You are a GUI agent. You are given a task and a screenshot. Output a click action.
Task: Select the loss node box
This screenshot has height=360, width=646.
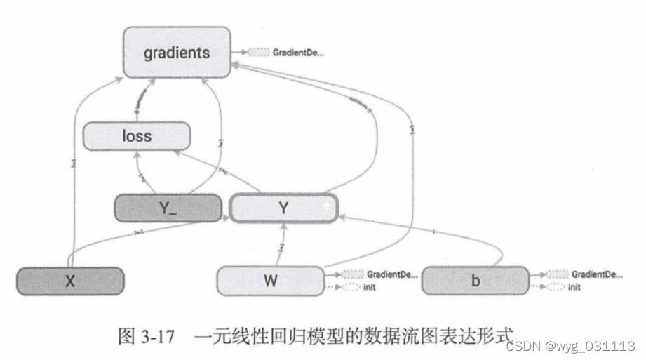tap(136, 135)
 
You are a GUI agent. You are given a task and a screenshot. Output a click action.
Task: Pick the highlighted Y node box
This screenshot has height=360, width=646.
tap(283, 208)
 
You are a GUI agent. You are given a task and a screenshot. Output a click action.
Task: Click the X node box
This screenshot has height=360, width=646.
tap(70, 281)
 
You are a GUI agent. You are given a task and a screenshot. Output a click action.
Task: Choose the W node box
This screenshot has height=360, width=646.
tap(271, 281)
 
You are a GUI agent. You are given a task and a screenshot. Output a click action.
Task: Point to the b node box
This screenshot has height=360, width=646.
tap(475, 281)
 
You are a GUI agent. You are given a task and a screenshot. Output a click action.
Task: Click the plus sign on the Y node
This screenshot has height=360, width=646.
tap(325, 204)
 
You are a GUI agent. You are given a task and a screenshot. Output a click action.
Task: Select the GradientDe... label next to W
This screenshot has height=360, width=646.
tap(392, 274)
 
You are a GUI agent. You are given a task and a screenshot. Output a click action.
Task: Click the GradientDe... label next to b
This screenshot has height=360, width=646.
tap(595, 274)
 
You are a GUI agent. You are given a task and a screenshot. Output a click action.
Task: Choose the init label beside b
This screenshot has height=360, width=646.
tap(574, 287)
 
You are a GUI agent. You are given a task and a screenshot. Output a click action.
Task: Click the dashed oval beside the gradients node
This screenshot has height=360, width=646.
tap(258, 52)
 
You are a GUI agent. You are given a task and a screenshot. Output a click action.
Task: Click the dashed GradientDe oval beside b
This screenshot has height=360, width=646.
tap(557, 274)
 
